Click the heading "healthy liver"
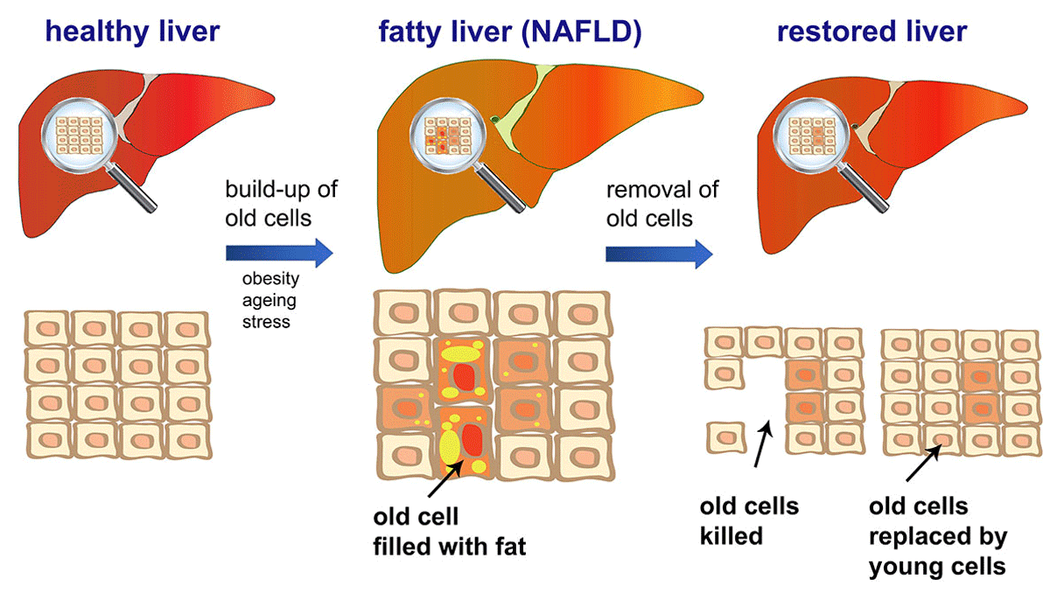(132, 32)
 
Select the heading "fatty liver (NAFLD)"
(511, 32)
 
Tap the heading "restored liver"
(872, 32)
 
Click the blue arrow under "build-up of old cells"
(279, 254)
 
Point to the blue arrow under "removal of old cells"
(658, 254)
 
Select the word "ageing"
(269, 301)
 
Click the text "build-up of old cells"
(281, 203)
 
